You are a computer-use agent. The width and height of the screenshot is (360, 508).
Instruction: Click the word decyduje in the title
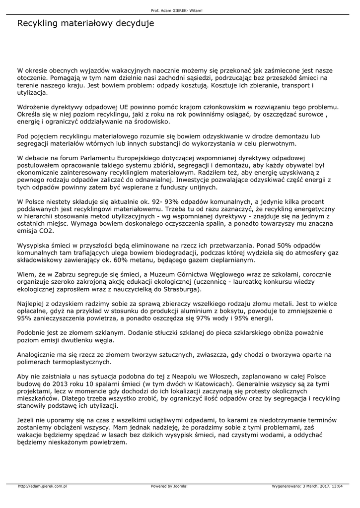pos(134,23)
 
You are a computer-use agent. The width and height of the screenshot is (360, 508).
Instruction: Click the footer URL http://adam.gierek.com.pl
pos(42,486)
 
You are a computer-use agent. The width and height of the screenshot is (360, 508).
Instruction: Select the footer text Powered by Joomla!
pos(169,486)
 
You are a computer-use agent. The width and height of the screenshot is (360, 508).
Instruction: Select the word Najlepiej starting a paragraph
pos(33,304)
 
